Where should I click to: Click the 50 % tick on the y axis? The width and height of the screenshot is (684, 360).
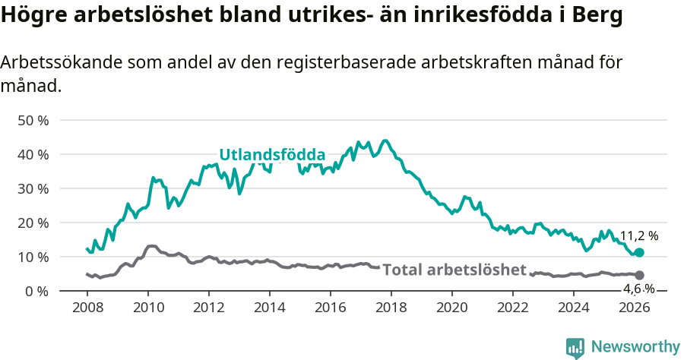[33, 120]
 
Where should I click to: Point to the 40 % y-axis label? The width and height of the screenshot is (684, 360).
[33, 154]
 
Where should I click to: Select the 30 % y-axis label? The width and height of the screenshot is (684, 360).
[33, 188]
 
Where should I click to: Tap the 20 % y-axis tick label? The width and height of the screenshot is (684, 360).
[33, 223]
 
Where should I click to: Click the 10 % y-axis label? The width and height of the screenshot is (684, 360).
[33, 257]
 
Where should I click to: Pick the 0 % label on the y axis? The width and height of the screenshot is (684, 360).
[36, 291]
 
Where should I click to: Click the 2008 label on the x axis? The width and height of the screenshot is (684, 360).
[87, 308]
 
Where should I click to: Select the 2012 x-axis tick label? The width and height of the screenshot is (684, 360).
[208, 308]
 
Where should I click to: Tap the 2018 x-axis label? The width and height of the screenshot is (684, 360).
[391, 308]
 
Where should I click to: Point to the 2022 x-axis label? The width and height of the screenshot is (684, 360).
[512, 308]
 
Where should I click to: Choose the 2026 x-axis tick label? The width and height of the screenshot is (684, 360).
[634, 308]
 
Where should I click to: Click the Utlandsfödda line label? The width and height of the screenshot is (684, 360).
[272, 155]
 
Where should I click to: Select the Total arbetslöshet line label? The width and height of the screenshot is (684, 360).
[454, 270]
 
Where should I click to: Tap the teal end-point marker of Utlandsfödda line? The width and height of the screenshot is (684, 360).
[639, 252]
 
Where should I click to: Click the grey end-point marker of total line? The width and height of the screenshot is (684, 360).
[639, 275]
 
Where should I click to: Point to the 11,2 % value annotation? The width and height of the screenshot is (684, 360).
[638, 235]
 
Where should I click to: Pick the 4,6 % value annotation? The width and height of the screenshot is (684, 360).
[638, 289]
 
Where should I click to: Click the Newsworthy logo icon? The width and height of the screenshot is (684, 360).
[575, 347]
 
